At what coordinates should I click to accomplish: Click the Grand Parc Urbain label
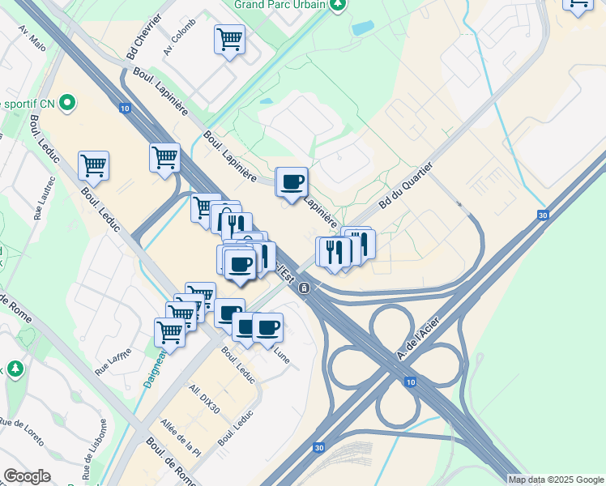click(280, 4)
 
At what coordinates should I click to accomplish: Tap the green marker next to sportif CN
click(67, 104)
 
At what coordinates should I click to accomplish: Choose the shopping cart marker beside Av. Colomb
click(230, 38)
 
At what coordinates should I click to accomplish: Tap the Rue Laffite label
click(113, 356)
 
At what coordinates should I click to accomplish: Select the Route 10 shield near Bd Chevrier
click(124, 108)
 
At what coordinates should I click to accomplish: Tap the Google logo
click(27, 476)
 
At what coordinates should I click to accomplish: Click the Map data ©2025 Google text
click(556, 480)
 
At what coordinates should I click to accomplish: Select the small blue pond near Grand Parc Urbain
click(363, 27)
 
